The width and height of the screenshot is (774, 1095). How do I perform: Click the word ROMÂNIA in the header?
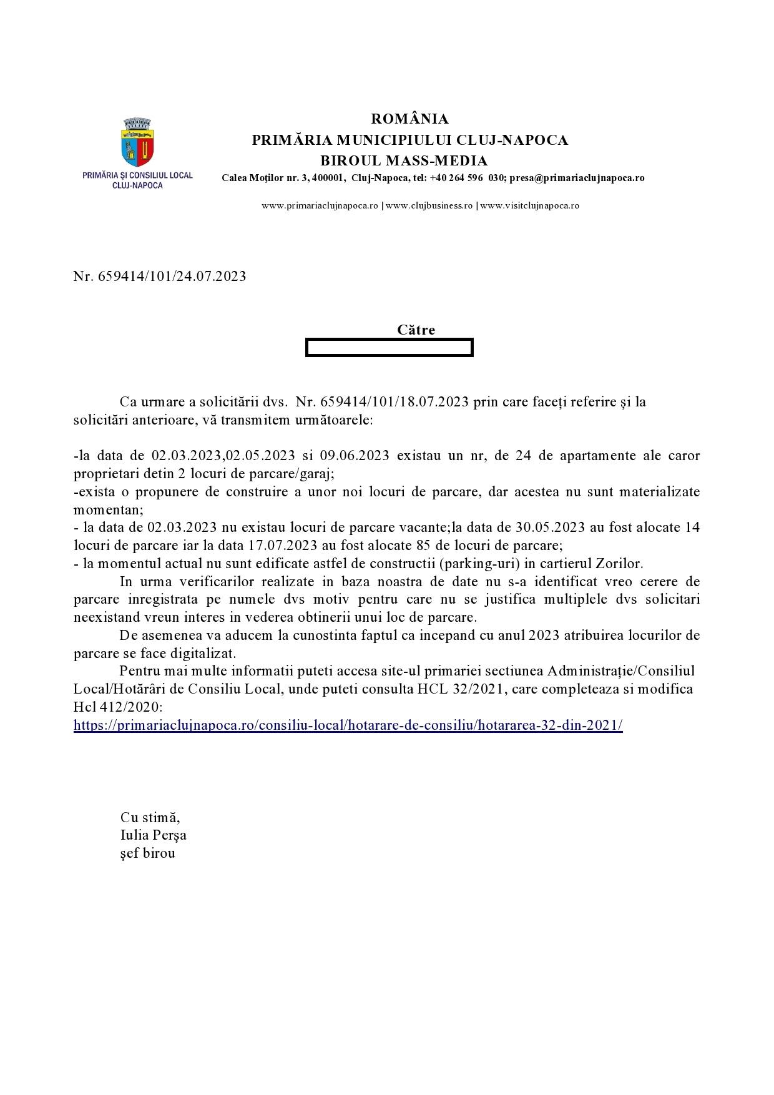409,119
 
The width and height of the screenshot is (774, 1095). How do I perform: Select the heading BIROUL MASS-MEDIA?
404,160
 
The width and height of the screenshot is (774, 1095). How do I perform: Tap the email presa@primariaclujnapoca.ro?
577,178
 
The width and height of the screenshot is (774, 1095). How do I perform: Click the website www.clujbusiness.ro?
429,205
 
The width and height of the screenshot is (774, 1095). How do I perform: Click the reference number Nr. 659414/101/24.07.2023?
160,276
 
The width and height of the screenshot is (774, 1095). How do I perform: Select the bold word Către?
416,330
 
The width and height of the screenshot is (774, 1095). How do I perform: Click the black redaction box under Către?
389,347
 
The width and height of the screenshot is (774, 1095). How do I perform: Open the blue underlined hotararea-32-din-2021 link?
348,725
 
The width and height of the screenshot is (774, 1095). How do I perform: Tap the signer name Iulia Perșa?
154,835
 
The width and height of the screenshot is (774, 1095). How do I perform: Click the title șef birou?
148,853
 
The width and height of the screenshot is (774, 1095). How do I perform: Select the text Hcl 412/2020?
118,707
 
